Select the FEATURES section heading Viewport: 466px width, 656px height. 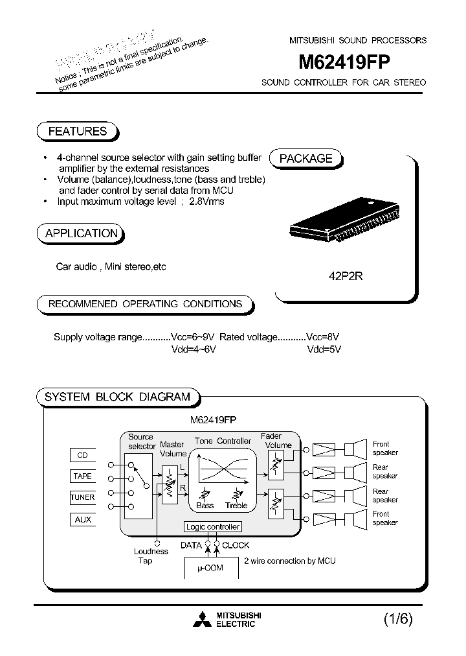point(78,132)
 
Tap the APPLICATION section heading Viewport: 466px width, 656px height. point(82,233)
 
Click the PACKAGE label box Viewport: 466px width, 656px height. point(305,159)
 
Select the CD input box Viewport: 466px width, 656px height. point(82,455)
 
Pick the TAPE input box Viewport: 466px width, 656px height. point(82,476)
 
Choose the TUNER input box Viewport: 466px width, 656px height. point(82,497)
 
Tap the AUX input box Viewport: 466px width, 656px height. point(82,519)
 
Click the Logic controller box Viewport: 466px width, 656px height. point(213,527)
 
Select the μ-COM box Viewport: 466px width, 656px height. point(210,567)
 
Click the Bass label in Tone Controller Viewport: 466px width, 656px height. point(205,506)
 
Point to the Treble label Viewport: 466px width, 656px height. point(237,506)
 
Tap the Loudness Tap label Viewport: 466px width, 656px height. point(151,556)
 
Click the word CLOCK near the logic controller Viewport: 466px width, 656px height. point(236,545)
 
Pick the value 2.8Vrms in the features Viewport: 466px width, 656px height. point(206,202)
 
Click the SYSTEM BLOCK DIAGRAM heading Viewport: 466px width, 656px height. point(117,397)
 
